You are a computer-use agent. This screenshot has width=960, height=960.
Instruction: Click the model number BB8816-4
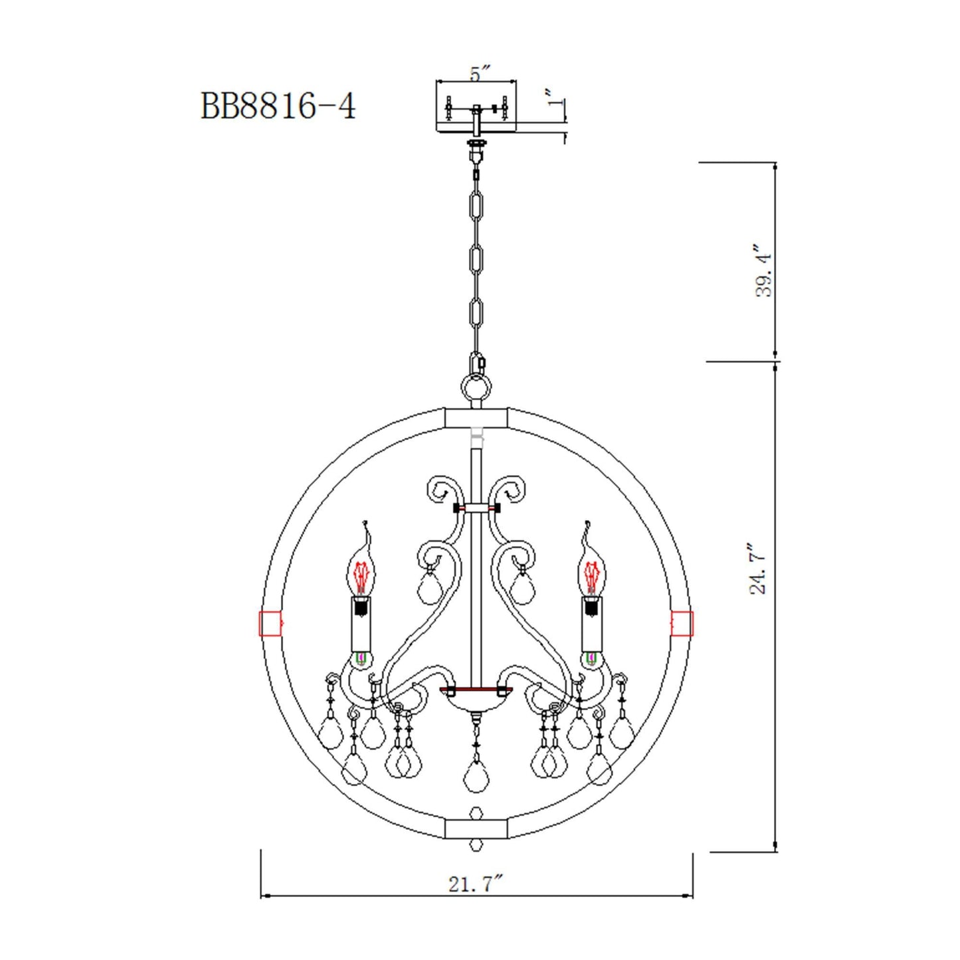pyautogui.click(x=278, y=106)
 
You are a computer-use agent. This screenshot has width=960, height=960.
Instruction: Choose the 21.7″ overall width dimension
pyautogui.click(x=476, y=884)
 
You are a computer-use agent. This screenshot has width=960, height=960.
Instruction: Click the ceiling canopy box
pyautogui.click(x=476, y=106)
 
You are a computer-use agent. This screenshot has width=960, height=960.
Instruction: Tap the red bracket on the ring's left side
pyautogui.click(x=270, y=623)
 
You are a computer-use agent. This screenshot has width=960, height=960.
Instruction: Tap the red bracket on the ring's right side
pyautogui.click(x=682, y=623)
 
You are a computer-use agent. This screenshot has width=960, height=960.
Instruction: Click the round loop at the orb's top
pyautogui.click(x=476, y=386)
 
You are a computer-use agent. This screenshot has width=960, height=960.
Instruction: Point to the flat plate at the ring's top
pyautogui.click(x=476, y=418)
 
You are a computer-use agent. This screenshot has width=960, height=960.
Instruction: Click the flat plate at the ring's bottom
pyautogui.click(x=476, y=828)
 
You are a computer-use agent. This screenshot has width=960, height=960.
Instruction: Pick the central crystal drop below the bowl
pyautogui.click(x=476, y=775)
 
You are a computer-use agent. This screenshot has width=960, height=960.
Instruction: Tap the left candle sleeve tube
pyautogui.click(x=361, y=624)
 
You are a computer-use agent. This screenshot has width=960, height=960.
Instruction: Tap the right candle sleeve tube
pyautogui.click(x=591, y=624)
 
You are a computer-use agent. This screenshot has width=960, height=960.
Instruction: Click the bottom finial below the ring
pyautogui.click(x=476, y=845)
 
